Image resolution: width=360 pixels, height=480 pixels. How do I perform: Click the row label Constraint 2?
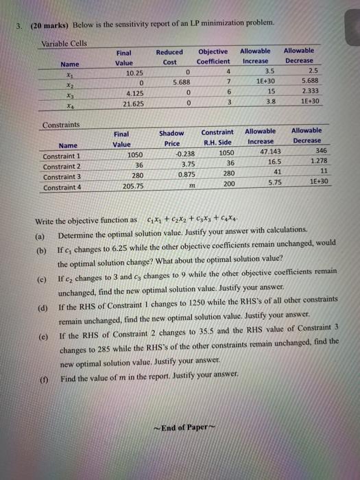(x=61, y=165)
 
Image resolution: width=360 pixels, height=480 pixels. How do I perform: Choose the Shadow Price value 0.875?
(x=178, y=175)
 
